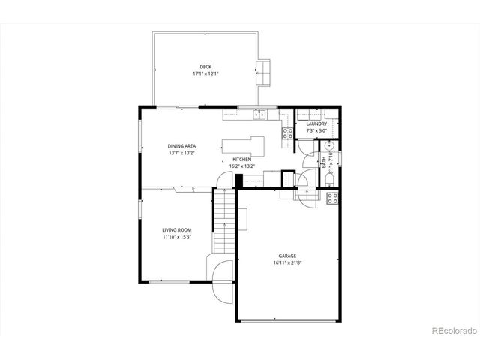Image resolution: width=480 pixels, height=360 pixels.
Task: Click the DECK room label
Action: [x=205, y=67]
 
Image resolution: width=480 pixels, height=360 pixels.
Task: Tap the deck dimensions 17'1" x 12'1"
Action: [x=205, y=74]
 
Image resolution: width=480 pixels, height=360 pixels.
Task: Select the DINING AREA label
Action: [x=181, y=145]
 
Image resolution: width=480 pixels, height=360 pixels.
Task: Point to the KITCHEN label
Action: [x=241, y=159]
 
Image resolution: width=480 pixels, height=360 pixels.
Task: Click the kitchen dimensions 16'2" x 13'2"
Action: [x=241, y=166]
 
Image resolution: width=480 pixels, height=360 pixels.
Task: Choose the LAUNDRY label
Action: [x=316, y=124]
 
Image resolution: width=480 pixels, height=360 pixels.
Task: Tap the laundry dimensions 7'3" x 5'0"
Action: [x=316, y=131]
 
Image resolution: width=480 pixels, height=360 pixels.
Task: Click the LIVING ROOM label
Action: [x=178, y=229]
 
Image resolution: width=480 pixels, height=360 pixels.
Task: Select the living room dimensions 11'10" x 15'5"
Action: [x=178, y=237]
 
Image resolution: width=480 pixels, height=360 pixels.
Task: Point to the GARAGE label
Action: [x=286, y=254]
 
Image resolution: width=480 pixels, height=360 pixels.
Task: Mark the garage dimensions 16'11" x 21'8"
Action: [x=286, y=262]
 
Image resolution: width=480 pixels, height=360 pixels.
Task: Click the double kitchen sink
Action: [x=259, y=115]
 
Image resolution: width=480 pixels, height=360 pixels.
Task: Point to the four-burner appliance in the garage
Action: [x=333, y=199]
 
